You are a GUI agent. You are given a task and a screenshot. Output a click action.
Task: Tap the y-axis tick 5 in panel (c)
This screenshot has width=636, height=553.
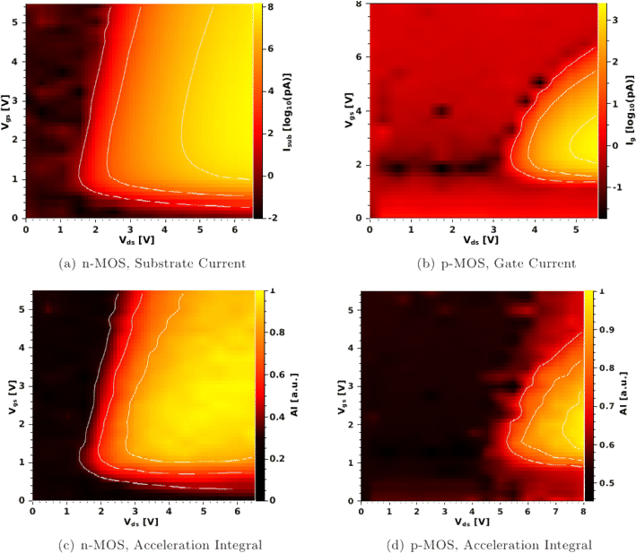(x=24, y=308)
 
